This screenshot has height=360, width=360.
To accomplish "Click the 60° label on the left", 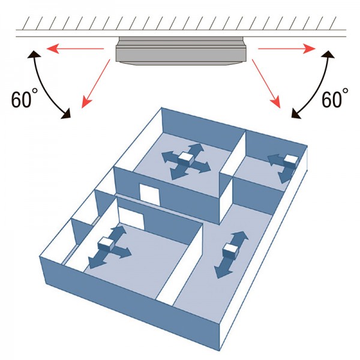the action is (25, 98).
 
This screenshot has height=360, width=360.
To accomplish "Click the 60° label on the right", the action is (335, 98).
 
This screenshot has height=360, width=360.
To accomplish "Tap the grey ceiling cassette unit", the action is (181, 51).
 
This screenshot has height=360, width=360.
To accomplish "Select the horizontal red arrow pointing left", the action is (75, 49).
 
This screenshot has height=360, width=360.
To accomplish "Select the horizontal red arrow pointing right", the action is (287, 49).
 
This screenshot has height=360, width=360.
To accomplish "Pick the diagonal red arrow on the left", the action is (96, 83).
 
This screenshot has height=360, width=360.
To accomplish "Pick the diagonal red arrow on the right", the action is (266, 83).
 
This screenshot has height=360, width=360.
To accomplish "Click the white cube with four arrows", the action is (187, 159).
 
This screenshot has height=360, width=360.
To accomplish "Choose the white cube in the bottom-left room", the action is (106, 244).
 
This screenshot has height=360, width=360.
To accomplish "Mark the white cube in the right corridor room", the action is (232, 250).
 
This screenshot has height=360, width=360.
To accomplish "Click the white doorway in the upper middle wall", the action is (149, 194).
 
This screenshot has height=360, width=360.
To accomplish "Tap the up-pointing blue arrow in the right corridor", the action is (239, 239).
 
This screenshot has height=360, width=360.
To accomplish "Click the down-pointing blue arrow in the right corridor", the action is (223, 267).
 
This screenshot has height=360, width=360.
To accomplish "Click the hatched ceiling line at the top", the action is (181, 30).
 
